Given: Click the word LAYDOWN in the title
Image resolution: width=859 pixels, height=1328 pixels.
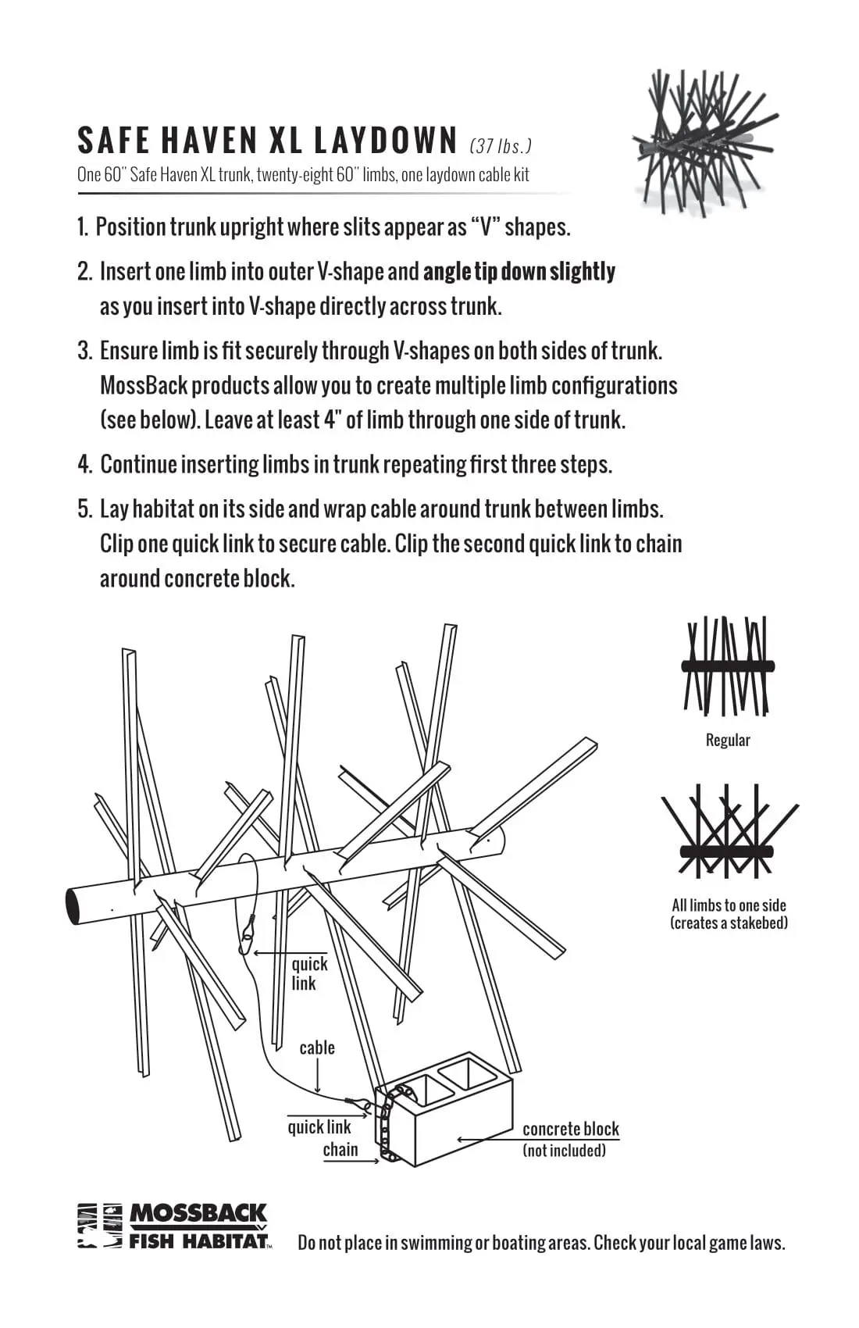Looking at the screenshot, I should pyautogui.click(x=385, y=141).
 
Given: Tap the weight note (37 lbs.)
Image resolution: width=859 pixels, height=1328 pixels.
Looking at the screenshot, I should pyautogui.click(x=501, y=146).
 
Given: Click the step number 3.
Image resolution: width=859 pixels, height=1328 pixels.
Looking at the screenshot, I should pyautogui.click(x=84, y=351).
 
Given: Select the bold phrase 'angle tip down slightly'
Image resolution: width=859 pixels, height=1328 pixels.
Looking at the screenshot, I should pyautogui.click(x=519, y=272).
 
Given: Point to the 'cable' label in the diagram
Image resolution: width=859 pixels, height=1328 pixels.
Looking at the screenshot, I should pyautogui.click(x=317, y=1048).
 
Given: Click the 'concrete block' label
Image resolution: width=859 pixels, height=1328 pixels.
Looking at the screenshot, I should pyautogui.click(x=570, y=1129).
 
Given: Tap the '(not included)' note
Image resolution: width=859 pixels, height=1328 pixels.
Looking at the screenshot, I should pyautogui.click(x=564, y=1151).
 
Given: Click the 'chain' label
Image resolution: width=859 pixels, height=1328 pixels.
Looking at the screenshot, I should pyautogui.click(x=340, y=1149).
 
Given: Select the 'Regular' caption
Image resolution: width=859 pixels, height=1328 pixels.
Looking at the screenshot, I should pyautogui.click(x=728, y=740).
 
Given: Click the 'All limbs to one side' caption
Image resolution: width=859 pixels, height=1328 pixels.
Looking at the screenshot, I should pyautogui.click(x=729, y=905).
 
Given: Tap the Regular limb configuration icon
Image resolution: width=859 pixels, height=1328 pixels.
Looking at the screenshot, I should pyautogui.click(x=727, y=666).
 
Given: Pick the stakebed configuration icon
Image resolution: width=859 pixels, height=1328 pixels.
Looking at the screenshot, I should pyautogui.click(x=728, y=831).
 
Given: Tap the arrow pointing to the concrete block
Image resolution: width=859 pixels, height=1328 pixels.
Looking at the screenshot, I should pyautogui.click(x=488, y=1140).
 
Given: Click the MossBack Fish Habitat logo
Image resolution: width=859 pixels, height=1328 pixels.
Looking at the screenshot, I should pyautogui.click(x=173, y=1226).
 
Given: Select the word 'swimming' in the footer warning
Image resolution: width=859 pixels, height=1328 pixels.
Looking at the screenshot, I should pyautogui.click(x=433, y=1243).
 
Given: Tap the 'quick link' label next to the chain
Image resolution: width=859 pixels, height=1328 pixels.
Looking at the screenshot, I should pyautogui.click(x=319, y=1126).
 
